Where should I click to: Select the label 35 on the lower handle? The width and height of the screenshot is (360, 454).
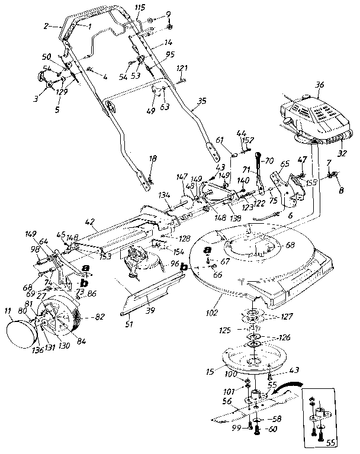[x=202, y=101]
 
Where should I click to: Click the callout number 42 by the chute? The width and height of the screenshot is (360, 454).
[x=90, y=223]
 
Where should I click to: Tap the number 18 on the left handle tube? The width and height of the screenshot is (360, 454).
[x=153, y=159]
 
